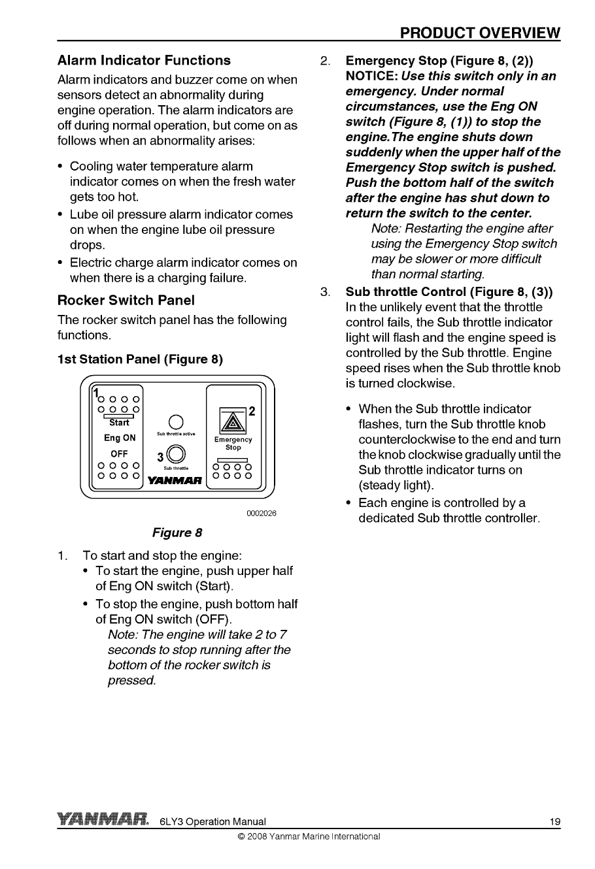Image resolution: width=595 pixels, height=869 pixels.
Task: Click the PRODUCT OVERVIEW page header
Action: click(x=480, y=33)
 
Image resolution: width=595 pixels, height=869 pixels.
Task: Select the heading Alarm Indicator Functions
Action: click(x=144, y=61)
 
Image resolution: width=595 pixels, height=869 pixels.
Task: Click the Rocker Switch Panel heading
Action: click(x=126, y=301)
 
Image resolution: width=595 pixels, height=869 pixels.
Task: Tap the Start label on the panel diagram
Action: click(x=120, y=423)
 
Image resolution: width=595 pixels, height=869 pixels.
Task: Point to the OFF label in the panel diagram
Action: click(x=119, y=453)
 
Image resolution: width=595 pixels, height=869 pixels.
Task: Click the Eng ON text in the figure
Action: click(x=120, y=438)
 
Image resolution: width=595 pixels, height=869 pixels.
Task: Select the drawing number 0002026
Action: click(x=262, y=514)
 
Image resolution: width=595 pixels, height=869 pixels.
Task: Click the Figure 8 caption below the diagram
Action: click(x=177, y=533)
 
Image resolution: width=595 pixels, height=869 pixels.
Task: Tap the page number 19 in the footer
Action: click(x=554, y=822)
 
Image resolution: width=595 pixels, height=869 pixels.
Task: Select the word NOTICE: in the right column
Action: click(x=371, y=76)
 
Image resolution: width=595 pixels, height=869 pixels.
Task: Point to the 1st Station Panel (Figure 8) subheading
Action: click(x=140, y=359)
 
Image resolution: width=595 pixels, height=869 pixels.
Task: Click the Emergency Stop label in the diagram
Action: click(x=233, y=444)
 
